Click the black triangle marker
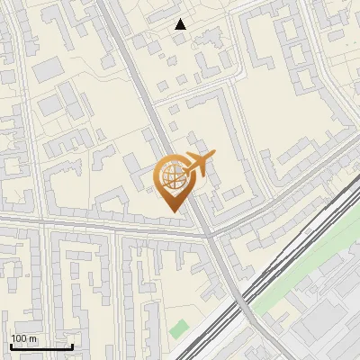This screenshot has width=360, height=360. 181,25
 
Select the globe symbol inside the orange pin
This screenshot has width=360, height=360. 172,177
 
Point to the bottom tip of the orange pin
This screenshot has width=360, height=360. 172,212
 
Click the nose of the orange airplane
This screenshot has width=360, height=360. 214,157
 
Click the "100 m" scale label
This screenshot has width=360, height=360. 23,338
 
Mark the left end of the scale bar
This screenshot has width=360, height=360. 10,346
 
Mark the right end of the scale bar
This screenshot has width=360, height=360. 72,346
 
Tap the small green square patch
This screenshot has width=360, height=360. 180,328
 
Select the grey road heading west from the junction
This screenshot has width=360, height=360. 90,225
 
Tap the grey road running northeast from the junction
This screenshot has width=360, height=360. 288,180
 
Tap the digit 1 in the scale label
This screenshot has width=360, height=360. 13,338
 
